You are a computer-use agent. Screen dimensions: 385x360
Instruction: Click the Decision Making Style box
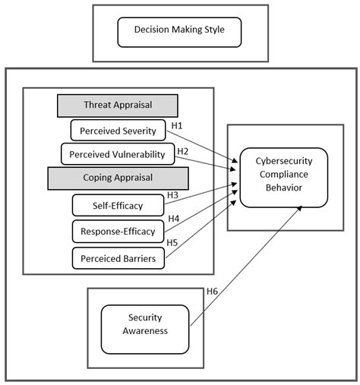[180, 33]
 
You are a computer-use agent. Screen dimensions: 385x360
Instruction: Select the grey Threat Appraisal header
[117, 106]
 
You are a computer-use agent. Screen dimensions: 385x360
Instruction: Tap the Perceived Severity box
[118, 131]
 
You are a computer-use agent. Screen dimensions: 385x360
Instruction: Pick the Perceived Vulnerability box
[118, 154]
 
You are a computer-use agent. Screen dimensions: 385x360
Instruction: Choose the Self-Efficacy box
[118, 205]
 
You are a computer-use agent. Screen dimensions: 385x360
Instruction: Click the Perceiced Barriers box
[118, 259]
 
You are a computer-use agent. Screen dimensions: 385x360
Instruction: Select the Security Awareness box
[144, 325]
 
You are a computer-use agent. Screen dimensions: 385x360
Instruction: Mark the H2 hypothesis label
[182, 150]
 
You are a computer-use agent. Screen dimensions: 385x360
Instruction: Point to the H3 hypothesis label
[172, 195]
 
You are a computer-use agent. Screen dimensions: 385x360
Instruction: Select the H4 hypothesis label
[172, 219]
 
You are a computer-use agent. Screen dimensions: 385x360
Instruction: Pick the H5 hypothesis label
[172, 243]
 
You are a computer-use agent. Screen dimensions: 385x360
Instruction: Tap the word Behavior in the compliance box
[283, 188]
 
